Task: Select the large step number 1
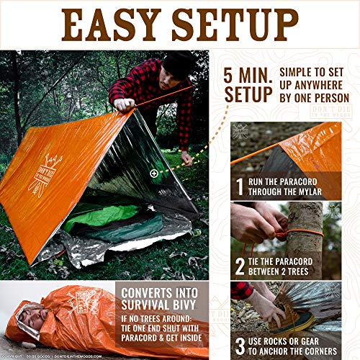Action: point(240,188)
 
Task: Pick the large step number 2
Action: point(240,267)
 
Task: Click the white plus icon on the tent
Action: point(153,173)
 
